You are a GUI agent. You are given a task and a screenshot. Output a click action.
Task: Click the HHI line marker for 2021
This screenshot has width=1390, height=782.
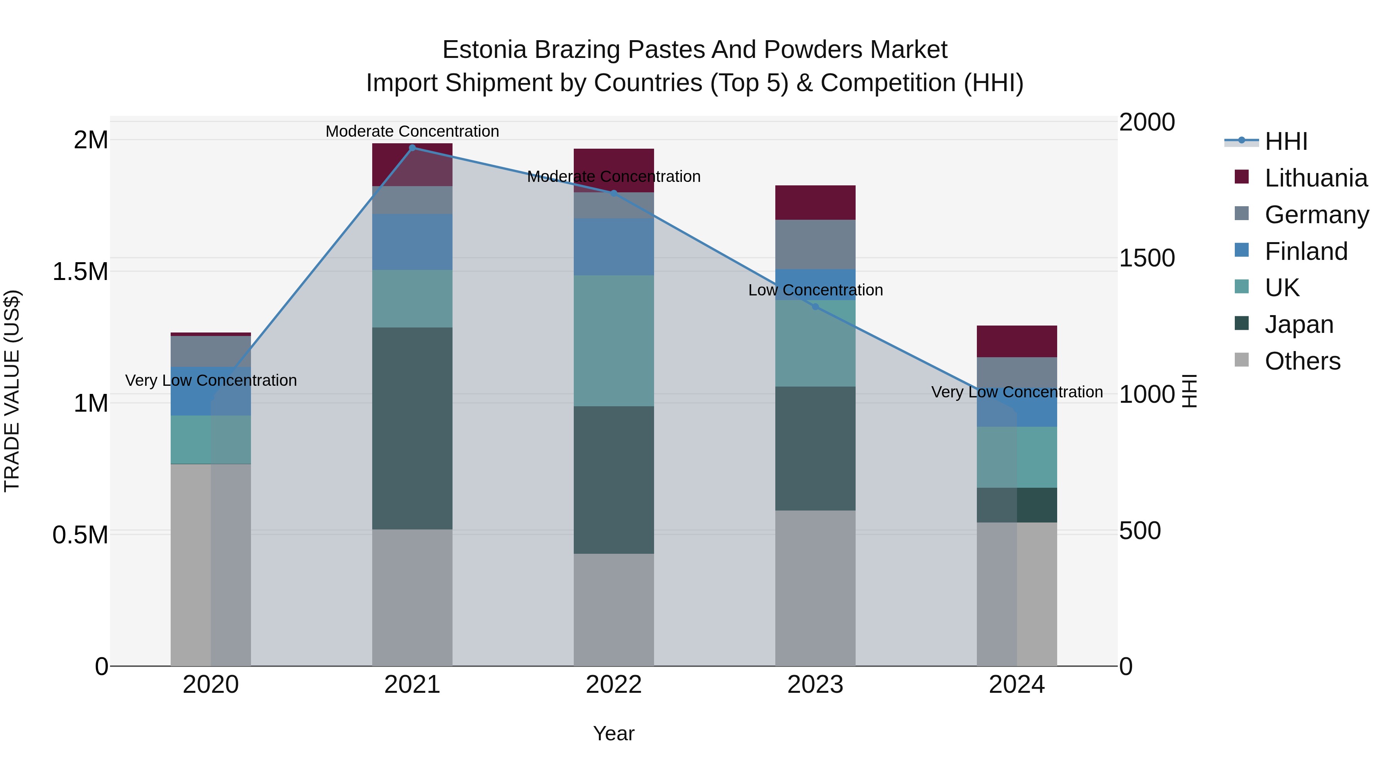pyautogui.click(x=412, y=148)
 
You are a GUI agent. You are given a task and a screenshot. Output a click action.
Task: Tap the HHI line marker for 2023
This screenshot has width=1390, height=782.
pyautogui.click(x=815, y=307)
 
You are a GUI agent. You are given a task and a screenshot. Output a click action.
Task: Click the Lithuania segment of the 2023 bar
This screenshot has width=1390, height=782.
pyautogui.click(x=815, y=202)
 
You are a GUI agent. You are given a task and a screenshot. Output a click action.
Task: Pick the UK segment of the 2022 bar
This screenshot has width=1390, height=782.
pyautogui.click(x=614, y=341)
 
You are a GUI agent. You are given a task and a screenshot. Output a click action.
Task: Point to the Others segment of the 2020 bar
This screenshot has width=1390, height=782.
pyautogui.click(x=210, y=565)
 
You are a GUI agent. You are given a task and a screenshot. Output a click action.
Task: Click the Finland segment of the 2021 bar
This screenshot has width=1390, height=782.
pyautogui.click(x=412, y=242)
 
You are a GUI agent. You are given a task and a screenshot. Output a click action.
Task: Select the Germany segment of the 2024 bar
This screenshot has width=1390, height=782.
pyautogui.click(x=1017, y=372)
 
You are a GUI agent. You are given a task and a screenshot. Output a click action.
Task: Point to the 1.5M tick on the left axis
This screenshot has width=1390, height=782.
pyautogui.click(x=80, y=271)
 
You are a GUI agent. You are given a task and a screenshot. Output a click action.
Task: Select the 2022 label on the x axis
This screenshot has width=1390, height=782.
pyautogui.click(x=614, y=685)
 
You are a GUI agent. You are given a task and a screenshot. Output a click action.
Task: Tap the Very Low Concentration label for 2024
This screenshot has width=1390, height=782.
pyautogui.click(x=1017, y=392)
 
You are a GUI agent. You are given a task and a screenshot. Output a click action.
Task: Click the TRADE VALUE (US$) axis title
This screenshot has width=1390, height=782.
pyautogui.click(x=12, y=391)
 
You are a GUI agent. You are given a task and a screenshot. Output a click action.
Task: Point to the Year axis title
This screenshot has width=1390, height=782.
pyautogui.click(x=614, y=733)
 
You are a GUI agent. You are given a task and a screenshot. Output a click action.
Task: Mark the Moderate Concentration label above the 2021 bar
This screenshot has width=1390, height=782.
pyautogui.click(x=412, y=131)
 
